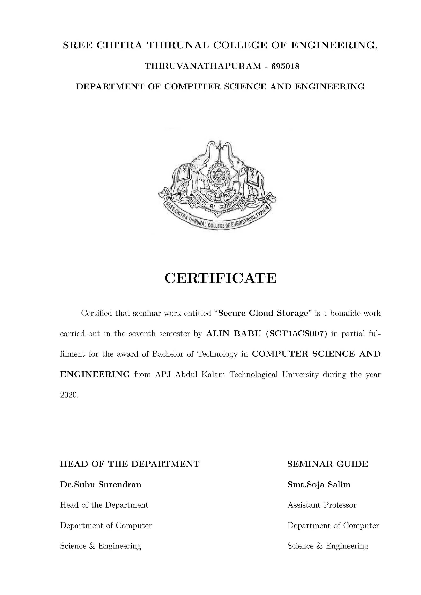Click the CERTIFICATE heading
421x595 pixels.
[221, 278]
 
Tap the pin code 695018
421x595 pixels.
[285, 67]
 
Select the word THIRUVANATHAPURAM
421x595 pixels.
[203, 67]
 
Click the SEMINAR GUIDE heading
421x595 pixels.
[328, 464]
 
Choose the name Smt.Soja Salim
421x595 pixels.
[319, 485]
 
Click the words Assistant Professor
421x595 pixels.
[322, 505]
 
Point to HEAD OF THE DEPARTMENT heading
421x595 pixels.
[130, 464]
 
